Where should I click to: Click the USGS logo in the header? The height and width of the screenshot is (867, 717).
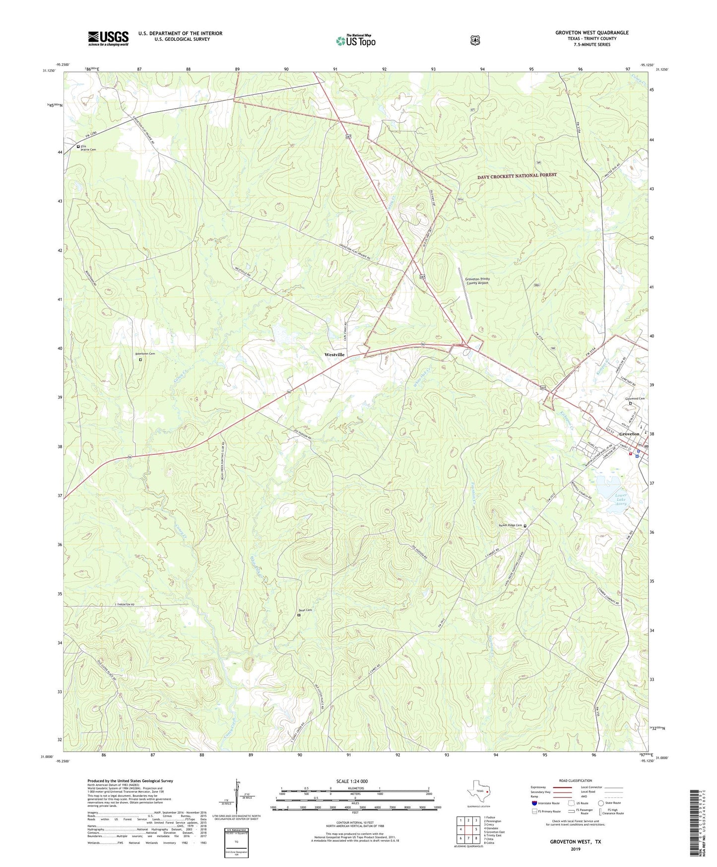coord(108,38)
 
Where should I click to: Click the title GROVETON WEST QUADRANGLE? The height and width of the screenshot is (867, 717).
coord(591,33)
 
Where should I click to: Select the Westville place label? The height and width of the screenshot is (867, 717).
coord(334,355)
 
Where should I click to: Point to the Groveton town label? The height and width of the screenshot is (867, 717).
coord(629,433)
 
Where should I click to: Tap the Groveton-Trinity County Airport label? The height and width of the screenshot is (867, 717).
coord(477,281)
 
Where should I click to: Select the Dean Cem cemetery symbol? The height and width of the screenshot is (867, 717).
coord(299,615)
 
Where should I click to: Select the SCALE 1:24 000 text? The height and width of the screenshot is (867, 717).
coord(352,782)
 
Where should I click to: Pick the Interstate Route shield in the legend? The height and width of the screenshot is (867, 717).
coord(534,803)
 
